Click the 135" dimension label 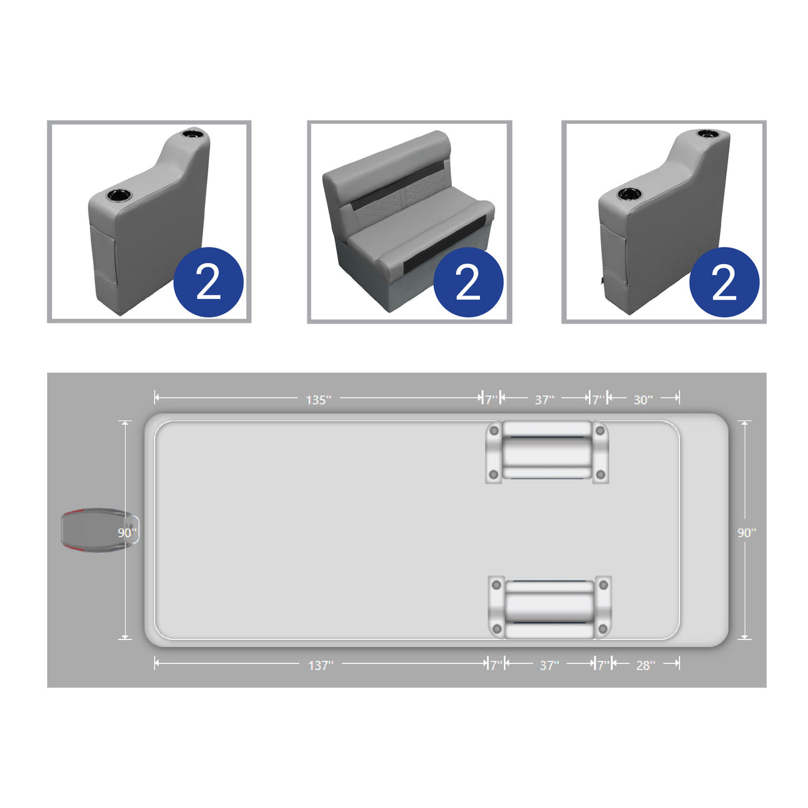318,399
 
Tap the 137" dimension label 320,665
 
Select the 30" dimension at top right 643,399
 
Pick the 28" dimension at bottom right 645,665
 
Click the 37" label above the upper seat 544,399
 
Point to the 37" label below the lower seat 549,665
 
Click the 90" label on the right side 747,532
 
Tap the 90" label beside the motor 127,532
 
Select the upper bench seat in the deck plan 547,451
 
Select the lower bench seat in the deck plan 550,607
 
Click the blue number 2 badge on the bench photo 468,282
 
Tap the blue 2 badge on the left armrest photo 208,282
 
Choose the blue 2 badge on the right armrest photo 724,282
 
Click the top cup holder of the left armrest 194,134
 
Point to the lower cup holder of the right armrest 628,194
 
